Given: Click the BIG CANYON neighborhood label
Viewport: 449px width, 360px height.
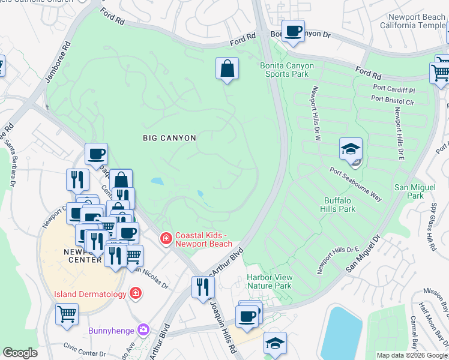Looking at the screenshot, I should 169,138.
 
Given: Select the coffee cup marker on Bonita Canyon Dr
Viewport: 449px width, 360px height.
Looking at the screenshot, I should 293,31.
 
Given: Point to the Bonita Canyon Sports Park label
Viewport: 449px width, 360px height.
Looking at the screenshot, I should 283,70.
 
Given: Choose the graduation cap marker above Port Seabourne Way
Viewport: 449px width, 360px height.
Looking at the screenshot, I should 351,149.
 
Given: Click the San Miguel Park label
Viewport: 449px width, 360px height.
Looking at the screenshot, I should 414,191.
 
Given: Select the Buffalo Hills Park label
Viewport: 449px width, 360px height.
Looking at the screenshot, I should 340,205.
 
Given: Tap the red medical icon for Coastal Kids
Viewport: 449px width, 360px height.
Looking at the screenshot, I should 164,239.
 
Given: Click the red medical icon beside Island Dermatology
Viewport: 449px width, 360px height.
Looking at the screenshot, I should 136,293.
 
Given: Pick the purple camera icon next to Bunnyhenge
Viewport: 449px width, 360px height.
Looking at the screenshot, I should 143,329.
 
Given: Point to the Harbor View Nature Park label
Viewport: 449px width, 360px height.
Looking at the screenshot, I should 269,281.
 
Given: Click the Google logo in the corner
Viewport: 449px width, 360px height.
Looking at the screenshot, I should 20,353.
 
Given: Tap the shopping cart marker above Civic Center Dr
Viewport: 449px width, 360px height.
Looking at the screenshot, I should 67,313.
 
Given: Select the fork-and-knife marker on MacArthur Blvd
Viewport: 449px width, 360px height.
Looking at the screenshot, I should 203,287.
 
